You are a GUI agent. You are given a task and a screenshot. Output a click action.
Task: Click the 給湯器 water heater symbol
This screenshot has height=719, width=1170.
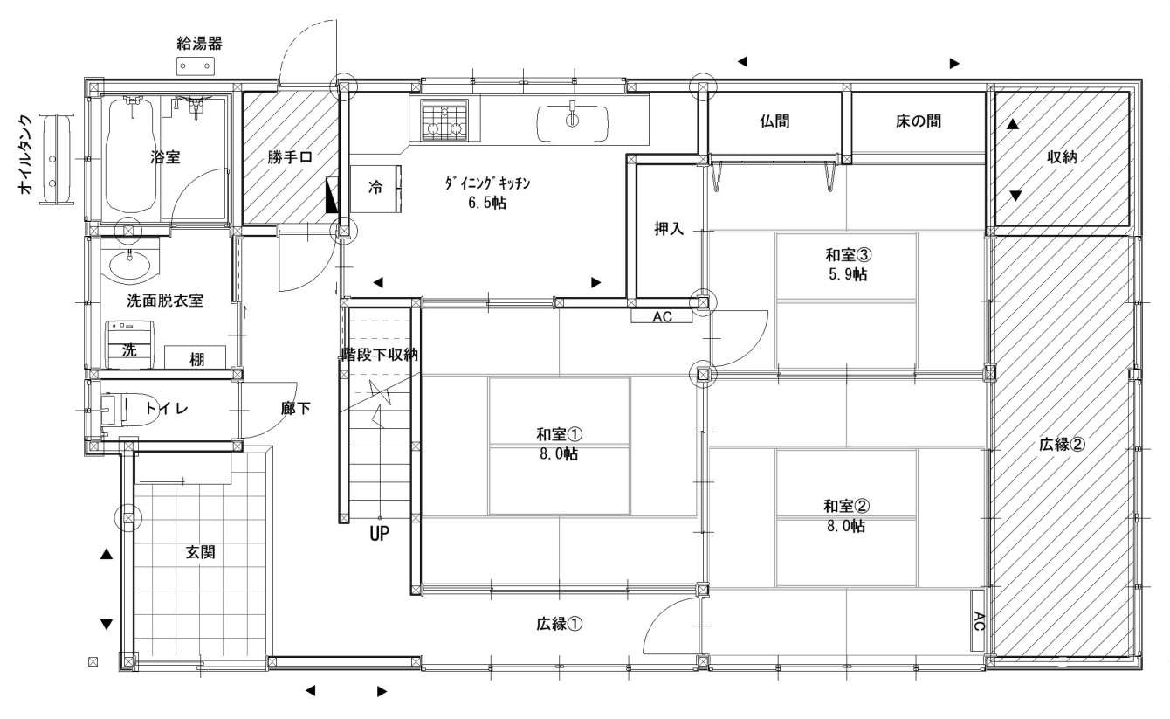[x=196, y=66]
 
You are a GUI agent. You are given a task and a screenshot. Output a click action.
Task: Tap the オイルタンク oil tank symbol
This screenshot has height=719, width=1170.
[x=56, y=159]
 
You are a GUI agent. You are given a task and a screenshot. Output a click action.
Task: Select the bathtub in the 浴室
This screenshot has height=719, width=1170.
[x=131, y=156]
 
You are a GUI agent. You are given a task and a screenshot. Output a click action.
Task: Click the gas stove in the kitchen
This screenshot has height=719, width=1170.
[x=444, y=121]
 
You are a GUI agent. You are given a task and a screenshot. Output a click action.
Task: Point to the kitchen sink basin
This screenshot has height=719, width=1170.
[x=573, y=124]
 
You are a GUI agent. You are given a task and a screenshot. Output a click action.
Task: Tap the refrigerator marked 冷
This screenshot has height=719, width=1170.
[x=375, y=189]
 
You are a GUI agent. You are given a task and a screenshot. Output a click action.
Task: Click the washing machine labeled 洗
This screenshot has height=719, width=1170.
[x=131, y=345]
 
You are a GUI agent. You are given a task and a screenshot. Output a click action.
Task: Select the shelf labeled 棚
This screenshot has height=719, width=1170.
[x=196, y=357]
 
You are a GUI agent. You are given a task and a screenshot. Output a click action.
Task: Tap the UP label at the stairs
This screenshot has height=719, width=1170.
[x=380, y=534]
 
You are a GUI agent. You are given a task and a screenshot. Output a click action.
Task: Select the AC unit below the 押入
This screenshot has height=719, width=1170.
[x=662, y=316]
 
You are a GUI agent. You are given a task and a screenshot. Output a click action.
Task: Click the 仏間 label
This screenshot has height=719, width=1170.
[x=774, y=121]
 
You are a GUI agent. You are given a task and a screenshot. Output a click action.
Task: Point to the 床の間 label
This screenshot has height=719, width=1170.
[x=919, y=121]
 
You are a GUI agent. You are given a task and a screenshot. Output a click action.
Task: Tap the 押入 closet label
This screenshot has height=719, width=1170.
[x=669, y=228]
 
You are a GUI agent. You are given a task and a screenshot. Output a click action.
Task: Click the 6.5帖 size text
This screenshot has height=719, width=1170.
[x=487, y=203]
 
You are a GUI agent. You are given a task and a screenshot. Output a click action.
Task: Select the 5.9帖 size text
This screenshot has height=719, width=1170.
[x=849, y=274]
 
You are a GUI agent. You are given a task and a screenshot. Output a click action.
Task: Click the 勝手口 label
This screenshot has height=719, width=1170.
[x=290, y=156]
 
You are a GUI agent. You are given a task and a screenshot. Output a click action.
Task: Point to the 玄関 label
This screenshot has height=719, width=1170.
[x=201, y=552]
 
